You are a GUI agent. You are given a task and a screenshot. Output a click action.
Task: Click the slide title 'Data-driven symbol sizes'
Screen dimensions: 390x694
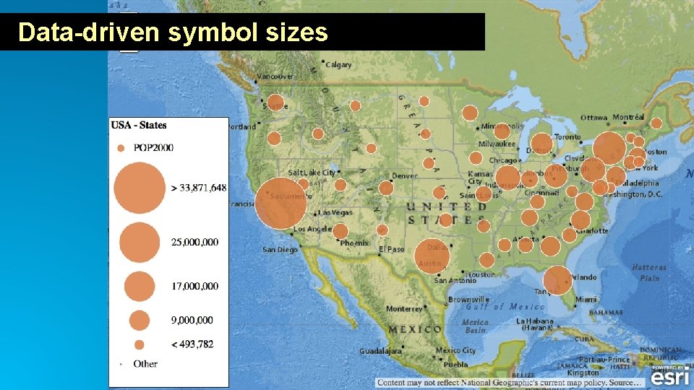(173, 32)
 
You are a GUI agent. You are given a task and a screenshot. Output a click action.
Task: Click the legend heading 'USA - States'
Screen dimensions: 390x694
(139, 125)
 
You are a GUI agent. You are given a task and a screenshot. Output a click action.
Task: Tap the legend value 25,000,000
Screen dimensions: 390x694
(194, 242)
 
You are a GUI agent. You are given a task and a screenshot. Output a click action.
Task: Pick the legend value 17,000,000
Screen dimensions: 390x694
(194, 286)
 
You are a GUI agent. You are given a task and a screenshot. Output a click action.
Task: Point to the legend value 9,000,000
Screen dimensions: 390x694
(192, 320)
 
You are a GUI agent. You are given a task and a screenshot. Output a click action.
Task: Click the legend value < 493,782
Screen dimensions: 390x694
(192, 344)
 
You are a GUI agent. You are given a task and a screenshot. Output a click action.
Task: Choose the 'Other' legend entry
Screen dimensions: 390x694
(145, 364)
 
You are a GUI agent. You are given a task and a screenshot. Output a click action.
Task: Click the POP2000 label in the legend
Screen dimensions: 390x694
(154, 148)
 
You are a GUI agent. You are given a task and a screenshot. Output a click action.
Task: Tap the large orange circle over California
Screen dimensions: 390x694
(280, 203)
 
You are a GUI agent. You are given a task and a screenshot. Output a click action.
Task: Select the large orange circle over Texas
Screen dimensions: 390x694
(432, 256)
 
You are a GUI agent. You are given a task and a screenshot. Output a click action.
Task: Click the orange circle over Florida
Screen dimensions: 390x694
(557, 280)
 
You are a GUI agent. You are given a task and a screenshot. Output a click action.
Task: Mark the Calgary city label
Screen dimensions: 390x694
(338, 65)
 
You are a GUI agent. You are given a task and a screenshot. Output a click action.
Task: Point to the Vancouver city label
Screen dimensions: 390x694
(275, 77)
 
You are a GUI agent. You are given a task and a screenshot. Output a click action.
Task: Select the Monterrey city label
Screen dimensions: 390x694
(403, 308)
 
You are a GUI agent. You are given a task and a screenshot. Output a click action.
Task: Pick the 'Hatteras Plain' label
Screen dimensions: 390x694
(649, 272)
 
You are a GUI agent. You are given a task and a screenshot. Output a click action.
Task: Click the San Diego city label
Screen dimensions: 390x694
(280, 250)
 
